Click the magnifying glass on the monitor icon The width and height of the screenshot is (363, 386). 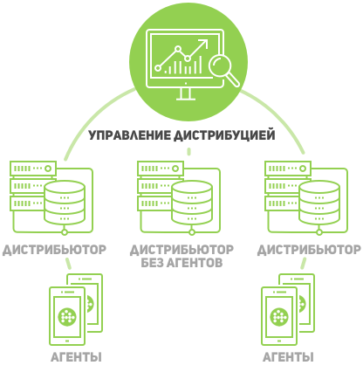click(221, 67)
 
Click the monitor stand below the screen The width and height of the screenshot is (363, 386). click(186, 94)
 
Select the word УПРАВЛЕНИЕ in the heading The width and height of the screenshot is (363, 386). click(129, 135)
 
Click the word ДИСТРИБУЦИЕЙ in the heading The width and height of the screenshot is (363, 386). click(224, 135)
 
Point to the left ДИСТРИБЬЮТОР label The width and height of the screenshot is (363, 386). click(55, 250)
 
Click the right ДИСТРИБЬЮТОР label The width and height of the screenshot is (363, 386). click(309, 250)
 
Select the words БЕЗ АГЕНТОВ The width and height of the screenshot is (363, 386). click(181, 263)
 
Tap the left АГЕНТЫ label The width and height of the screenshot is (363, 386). click(76, 357)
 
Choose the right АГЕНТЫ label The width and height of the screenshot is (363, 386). click(288, 357)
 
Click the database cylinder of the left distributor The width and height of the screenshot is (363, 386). click(65, 203)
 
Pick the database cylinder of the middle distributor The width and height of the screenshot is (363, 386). click(192, 203)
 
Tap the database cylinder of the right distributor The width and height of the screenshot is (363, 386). click(319, 203)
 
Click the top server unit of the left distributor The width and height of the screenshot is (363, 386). click(33, 169)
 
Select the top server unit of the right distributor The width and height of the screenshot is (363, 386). click(288, 169)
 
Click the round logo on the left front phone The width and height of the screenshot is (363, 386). click(67, 317)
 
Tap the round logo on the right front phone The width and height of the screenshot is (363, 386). click(279, 317)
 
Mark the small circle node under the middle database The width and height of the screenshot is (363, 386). click(192, 232)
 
